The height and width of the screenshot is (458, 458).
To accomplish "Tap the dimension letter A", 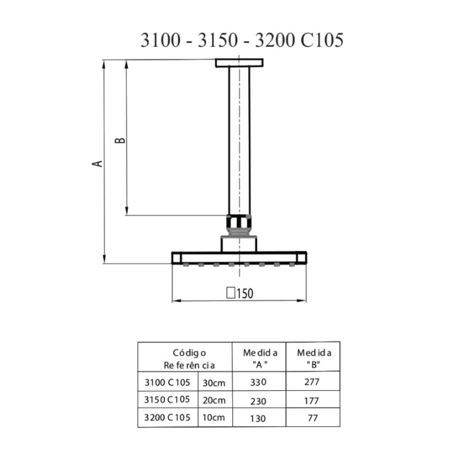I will point(98,163).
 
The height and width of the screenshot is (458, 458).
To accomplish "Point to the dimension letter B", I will point(120,139).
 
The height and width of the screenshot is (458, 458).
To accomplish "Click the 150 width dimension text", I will point(245,294).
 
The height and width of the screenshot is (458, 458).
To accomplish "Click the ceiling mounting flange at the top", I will point(239,63).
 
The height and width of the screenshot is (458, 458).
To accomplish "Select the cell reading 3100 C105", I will point(167,382).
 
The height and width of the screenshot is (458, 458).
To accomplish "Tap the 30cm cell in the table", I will point(214,382).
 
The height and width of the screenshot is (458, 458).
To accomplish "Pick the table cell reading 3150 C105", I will point(167,399).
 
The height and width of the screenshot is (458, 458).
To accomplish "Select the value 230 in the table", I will point(258,400).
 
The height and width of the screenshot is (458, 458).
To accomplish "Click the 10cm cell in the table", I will point(214,417).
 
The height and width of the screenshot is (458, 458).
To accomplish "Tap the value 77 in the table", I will point(313,418).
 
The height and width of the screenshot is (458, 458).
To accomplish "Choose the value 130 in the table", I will point(258,418).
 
